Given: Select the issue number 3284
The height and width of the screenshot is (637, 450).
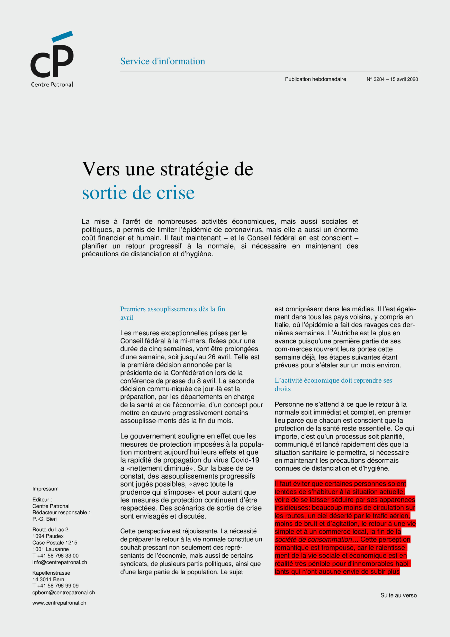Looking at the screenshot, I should click(x=379, y=79).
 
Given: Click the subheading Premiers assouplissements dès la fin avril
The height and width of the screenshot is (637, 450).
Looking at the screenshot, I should click(x=172, y=313).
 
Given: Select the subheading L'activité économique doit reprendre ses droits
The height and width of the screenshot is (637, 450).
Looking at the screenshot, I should click(x=333, y=384).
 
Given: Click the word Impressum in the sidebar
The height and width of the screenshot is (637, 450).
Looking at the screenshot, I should click(x=45, y=489).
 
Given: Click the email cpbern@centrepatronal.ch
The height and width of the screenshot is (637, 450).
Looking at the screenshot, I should click(x=63, y=592).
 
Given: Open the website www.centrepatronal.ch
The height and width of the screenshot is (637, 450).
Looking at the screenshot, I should click(x=59, y=603).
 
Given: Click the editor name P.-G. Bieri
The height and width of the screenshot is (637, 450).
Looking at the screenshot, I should click(x=44, y=519).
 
